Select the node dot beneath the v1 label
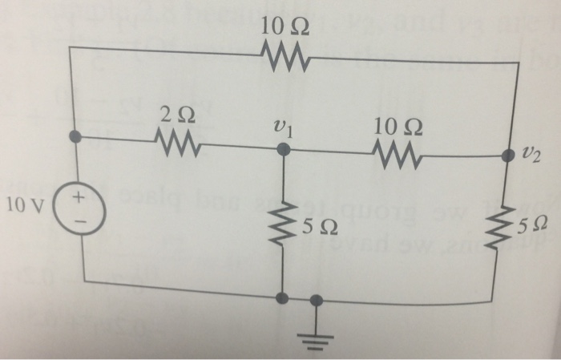pos(280,149)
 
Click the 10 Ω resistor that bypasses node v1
pos(280,56)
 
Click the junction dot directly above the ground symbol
pos(317,300)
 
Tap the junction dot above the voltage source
pos(75,137)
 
